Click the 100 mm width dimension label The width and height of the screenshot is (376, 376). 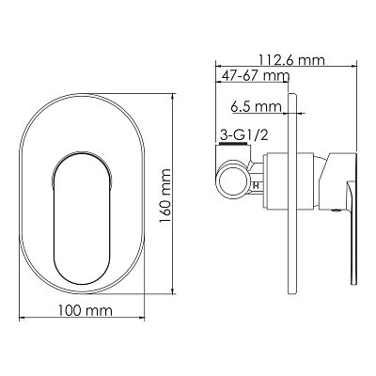coord(85,311)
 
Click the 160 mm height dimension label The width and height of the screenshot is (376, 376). coord(164,196)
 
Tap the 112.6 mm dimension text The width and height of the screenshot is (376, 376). coord(291,60)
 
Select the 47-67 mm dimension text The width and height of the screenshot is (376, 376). coord(256,76)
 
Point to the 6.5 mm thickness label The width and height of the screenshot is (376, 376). coord(257,107)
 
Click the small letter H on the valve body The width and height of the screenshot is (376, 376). coord(256,185)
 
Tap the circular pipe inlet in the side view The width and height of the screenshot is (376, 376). coord(233,181)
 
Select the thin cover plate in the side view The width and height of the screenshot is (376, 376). coord(292,194)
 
